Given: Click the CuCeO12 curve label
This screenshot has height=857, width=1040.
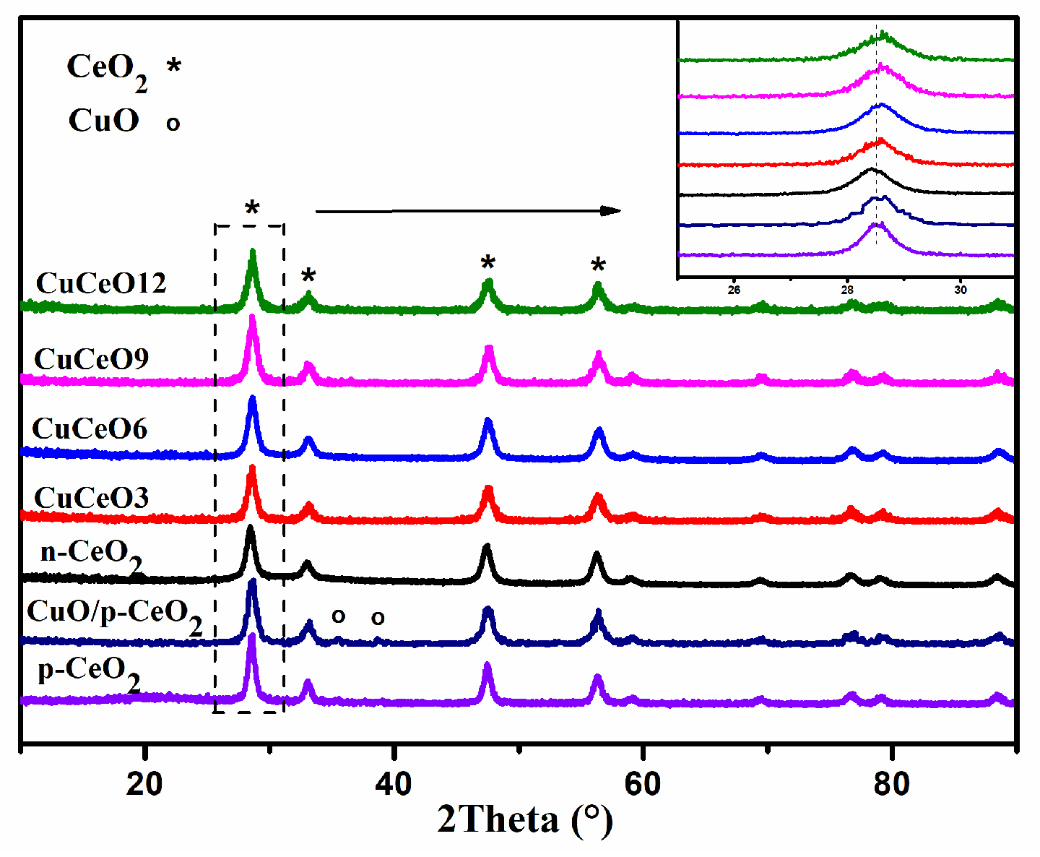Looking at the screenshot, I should [x=101, y=283].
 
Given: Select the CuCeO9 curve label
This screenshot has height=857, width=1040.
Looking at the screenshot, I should [x=92, y=359].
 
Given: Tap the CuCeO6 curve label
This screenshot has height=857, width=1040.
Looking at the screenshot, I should [x=90, y=428].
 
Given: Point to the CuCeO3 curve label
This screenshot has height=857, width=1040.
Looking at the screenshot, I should [x=92, y=498].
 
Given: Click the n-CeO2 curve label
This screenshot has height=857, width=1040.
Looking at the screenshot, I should [x=91, y=554].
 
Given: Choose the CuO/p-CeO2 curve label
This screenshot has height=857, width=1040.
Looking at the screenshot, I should [x=114, y=614].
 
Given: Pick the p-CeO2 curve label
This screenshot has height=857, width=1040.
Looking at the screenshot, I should [x=89, y=671].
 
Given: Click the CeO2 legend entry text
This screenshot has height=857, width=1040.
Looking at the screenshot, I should [x=107, y=69].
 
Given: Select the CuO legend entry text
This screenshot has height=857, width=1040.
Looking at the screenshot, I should [x=104, y=121].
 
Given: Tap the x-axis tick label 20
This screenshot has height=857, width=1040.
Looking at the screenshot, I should [x=144, y=784].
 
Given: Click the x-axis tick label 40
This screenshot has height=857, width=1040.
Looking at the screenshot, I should [x=394, y=784].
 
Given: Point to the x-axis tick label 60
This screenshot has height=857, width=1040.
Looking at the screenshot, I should [x=643, y=784].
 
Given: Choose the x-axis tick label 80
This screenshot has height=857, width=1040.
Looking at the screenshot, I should [x=891, y=784].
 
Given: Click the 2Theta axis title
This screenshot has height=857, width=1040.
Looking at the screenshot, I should [x=525, y=821].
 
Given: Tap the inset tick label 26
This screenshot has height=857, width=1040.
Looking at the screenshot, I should [x=734, y=290].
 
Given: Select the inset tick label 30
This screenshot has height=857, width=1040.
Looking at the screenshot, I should [x=960, y=290].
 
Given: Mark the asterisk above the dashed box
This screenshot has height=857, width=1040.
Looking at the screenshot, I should [x=252, y=210].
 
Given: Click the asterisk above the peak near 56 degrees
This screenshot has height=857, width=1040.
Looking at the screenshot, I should [x=598, y=266].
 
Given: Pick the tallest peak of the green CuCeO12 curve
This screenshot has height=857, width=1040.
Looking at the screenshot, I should [x=252, y=252].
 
